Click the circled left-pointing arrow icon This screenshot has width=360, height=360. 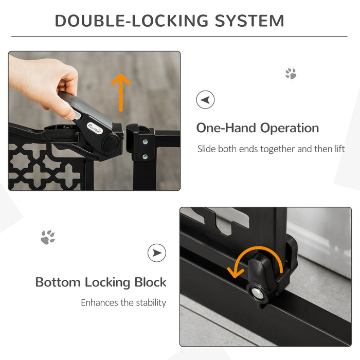click(x=206, y=99)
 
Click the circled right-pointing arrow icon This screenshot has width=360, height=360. click(x=157, y=253)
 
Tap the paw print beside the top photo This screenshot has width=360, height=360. click(x=291, y=74)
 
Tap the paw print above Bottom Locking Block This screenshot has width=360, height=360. click(x=48, y=237)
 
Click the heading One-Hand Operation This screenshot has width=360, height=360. click(x=257, y=128)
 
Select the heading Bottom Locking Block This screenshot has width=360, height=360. click(x=101, y=282)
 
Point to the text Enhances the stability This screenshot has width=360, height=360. click(x=123, y=302)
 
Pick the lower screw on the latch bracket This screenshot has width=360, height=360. click(x=145, y=156)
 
